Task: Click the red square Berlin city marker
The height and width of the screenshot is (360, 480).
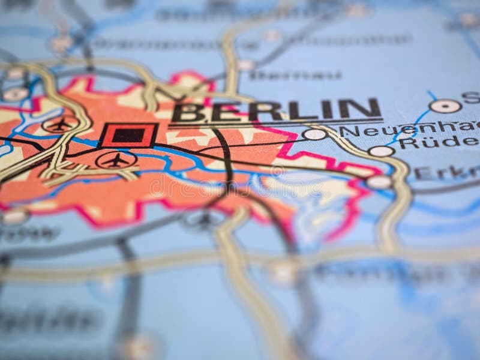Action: click(128, 135)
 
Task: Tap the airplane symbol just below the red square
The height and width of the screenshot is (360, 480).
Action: click(116, 160)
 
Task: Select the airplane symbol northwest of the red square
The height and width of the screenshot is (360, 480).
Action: click(60, 125)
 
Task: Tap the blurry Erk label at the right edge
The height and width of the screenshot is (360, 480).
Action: click(447, 173)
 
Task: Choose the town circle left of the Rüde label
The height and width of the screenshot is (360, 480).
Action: click(381, 151)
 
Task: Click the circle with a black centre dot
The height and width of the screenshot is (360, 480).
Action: click(445, 106)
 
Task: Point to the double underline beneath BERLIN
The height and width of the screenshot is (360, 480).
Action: click(276, 124)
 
